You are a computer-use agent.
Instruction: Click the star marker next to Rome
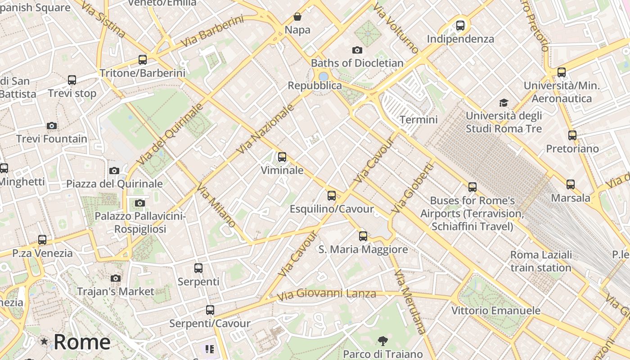(44, 342)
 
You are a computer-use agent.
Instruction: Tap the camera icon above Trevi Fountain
(52, 126)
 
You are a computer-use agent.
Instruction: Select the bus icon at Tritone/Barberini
(143, 59)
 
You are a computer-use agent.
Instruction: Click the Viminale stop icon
(282, 157)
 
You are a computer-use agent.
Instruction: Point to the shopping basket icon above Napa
(297, 17)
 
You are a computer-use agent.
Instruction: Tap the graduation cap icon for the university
(504, 103)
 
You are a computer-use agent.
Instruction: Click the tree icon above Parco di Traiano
(383, 341)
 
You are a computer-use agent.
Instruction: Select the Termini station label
(418, 120)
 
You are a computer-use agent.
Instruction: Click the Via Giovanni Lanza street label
(326, 295)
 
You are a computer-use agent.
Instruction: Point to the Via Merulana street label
(409, 301)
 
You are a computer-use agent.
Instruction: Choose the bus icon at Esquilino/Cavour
(332, 195)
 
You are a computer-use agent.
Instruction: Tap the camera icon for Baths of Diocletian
(357, 50)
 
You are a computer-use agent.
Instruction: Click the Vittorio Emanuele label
(495, 310)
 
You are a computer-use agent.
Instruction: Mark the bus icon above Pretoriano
(572, 135)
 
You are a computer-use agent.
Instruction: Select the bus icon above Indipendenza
(460, 26)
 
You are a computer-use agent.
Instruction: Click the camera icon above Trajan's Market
(116, 278)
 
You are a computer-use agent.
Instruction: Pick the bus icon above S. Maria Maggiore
(363, 236)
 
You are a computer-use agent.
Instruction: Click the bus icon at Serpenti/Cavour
(210, 310)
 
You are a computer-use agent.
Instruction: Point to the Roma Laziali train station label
(541, 261)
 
